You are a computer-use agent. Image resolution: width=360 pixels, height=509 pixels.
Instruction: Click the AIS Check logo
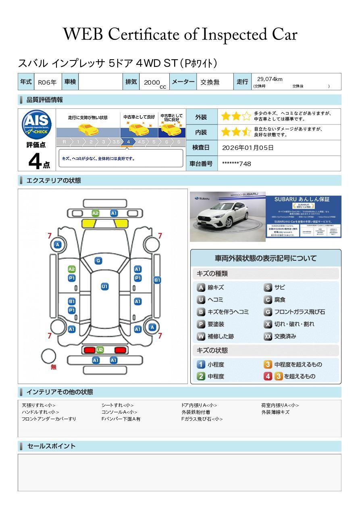tap(37, 124)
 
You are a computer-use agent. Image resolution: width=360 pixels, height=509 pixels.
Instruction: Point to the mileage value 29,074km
tap(270, 79)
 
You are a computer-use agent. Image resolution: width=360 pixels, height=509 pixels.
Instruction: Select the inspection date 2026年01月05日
tap(248, 148)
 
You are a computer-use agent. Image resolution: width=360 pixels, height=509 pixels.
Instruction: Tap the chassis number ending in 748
tap(236, 164)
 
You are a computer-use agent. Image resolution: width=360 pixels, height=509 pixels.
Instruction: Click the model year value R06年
tap(47, 82)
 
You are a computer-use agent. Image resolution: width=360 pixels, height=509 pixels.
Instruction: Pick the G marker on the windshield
tap(98, 261)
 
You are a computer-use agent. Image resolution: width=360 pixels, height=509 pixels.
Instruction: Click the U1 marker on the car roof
tap(104, 287)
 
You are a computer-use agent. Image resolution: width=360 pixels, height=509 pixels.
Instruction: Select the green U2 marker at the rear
tap(100, 349)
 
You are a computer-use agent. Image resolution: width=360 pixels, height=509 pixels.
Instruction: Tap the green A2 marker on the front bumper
tap(95, 213)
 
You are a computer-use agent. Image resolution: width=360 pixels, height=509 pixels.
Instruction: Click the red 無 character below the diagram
tap(54, 367)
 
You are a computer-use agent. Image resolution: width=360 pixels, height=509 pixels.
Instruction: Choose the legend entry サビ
tap(279, 287)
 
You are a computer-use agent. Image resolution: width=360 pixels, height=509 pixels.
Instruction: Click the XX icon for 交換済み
tap(268, 336)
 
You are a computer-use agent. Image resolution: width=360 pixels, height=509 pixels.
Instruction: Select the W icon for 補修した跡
tap(201, 336)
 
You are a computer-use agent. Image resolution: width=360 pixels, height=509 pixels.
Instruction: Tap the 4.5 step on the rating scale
tap(141, 142)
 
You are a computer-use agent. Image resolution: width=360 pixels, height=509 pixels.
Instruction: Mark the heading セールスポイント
tap(51, 446)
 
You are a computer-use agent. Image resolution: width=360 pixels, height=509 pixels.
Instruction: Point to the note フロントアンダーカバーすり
tap(49, 419)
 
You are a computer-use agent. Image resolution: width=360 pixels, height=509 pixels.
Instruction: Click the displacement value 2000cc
tap(154, 83)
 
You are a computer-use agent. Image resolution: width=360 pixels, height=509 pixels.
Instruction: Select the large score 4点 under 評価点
tap(39, 162)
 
